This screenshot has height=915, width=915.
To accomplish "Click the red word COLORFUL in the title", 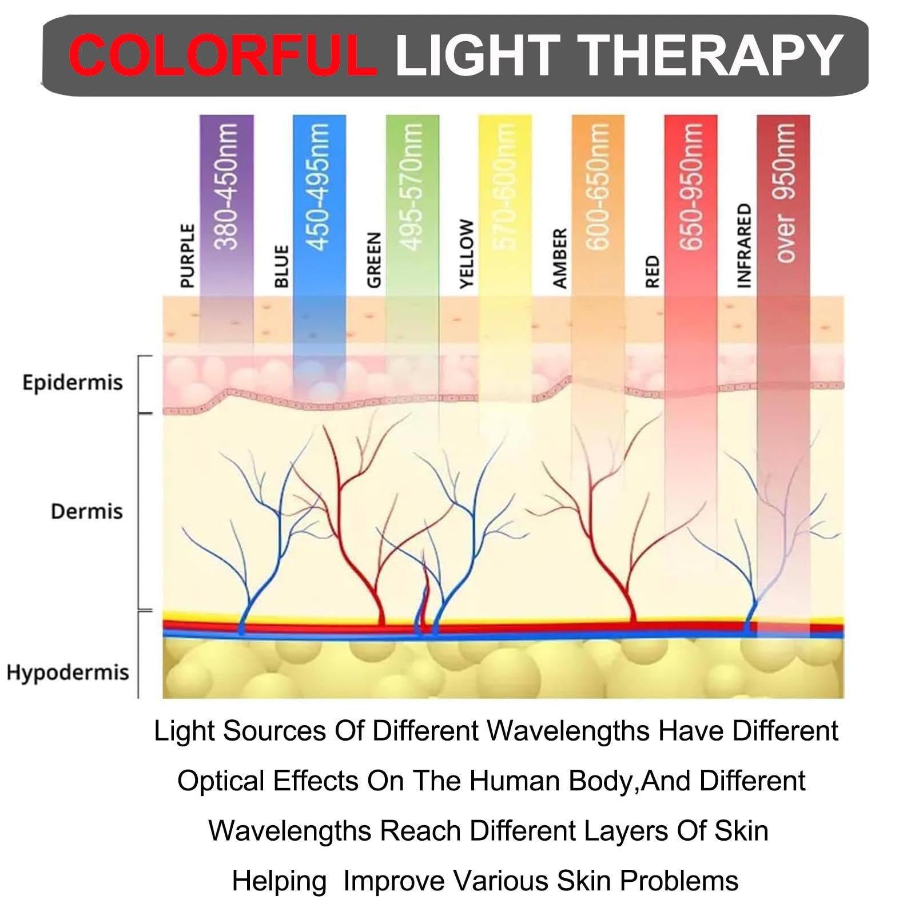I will coord(222,55).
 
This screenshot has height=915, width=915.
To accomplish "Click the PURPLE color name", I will coord(187,256).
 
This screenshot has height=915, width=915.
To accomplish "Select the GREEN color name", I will coord(373,260).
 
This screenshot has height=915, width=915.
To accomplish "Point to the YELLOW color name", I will coord(467,254).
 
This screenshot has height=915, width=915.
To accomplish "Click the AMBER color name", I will coord(559,258).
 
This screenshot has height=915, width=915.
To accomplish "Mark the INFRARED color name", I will coord(743,245).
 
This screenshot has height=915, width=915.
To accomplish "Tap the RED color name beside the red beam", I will coord(653,272).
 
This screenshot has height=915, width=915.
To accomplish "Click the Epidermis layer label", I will coord(73,382).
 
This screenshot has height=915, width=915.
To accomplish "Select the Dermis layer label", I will coord(87,511).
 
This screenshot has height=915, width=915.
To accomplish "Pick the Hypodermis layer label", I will coord(68,672).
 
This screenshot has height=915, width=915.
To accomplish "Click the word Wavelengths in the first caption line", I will coord(568,731).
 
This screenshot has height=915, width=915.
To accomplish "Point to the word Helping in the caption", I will coord(279,881).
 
